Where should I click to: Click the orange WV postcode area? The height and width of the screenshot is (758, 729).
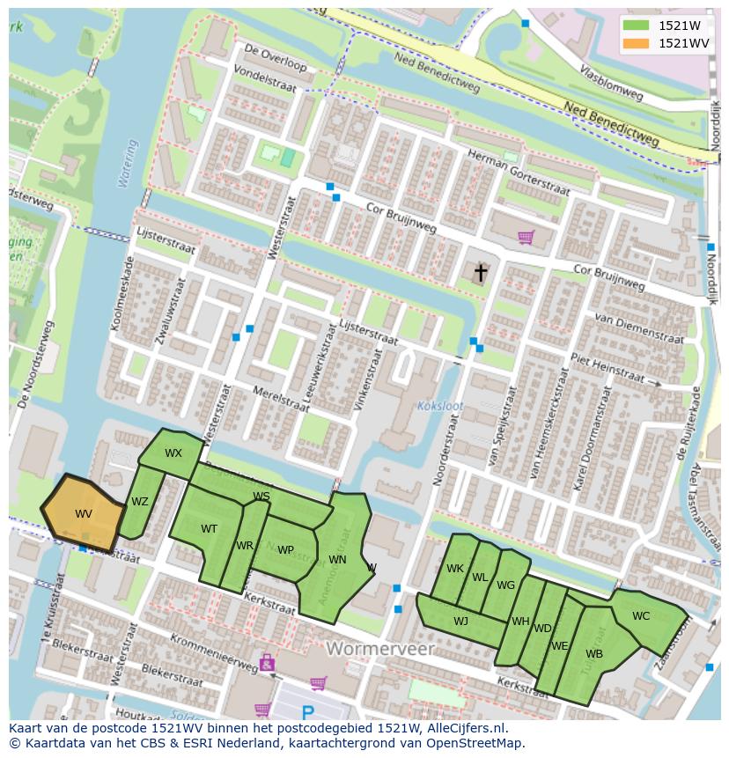[83, 514]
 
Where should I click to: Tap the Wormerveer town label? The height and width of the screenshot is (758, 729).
[380, 649]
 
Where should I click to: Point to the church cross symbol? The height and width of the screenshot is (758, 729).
[481, 273]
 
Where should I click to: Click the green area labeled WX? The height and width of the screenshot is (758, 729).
[173, 453]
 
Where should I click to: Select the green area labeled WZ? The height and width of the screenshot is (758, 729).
[140, 502]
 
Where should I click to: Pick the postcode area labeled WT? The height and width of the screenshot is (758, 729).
[209, 529]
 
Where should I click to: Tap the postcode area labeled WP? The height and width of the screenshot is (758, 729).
[285, 550]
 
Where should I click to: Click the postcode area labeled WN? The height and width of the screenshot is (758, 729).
[337, 559]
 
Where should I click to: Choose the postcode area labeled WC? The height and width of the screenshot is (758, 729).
[641, 616]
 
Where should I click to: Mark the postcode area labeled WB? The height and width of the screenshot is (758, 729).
[594, 654]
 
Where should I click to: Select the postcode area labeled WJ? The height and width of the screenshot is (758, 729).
[460, 621]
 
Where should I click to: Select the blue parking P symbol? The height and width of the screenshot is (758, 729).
[307, 712]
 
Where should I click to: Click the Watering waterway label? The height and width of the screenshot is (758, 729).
[129, 164]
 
